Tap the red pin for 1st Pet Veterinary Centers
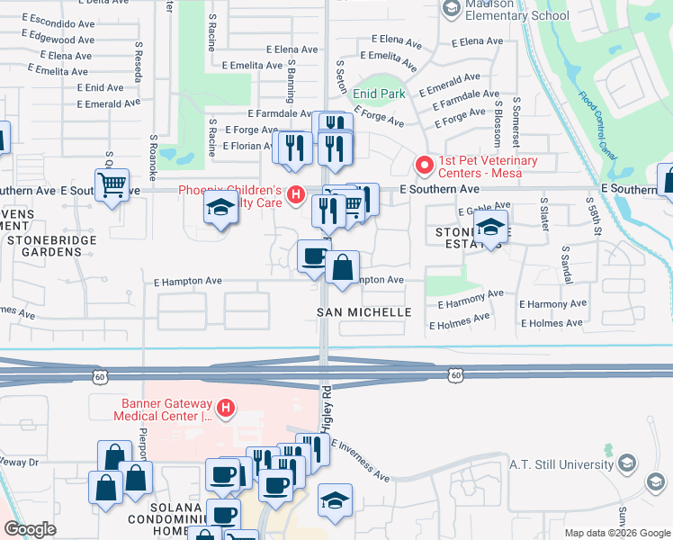(x=424, y=165)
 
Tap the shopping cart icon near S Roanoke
(x=112, y=186)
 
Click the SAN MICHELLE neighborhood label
(x=363, y=311)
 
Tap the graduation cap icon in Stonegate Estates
(x=490, y=227)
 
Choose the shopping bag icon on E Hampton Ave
(x=343, y=267)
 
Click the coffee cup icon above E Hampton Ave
(x=313, y=256)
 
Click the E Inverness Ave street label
(x=360, y=460)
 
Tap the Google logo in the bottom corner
(x=30, y=529)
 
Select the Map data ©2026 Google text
(x=616, y=533)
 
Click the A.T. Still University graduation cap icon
(x=628, y=463)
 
